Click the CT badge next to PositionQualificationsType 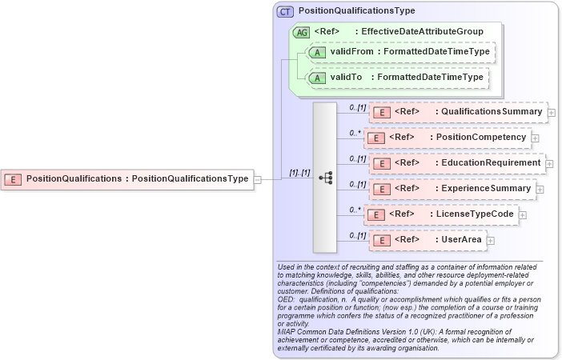coord(285,12)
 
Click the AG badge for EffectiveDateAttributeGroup coord(302,32)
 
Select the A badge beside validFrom coord(317,52)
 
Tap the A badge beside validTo coord(317,78)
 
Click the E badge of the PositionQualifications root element coord(13,179)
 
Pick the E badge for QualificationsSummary coord(383,112)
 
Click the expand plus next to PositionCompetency coord(536,138)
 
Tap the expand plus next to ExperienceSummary coord(540,189)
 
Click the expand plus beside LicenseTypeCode coord(522,214)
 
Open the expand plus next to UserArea coord(491,240)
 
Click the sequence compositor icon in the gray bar coord(325,178)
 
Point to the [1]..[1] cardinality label coord(299,173)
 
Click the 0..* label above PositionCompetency coord(355,133)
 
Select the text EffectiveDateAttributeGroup coord(422,32)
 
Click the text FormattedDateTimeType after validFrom coord(436,52)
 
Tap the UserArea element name coord(461,240)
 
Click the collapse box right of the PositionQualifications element coord(257,179)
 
